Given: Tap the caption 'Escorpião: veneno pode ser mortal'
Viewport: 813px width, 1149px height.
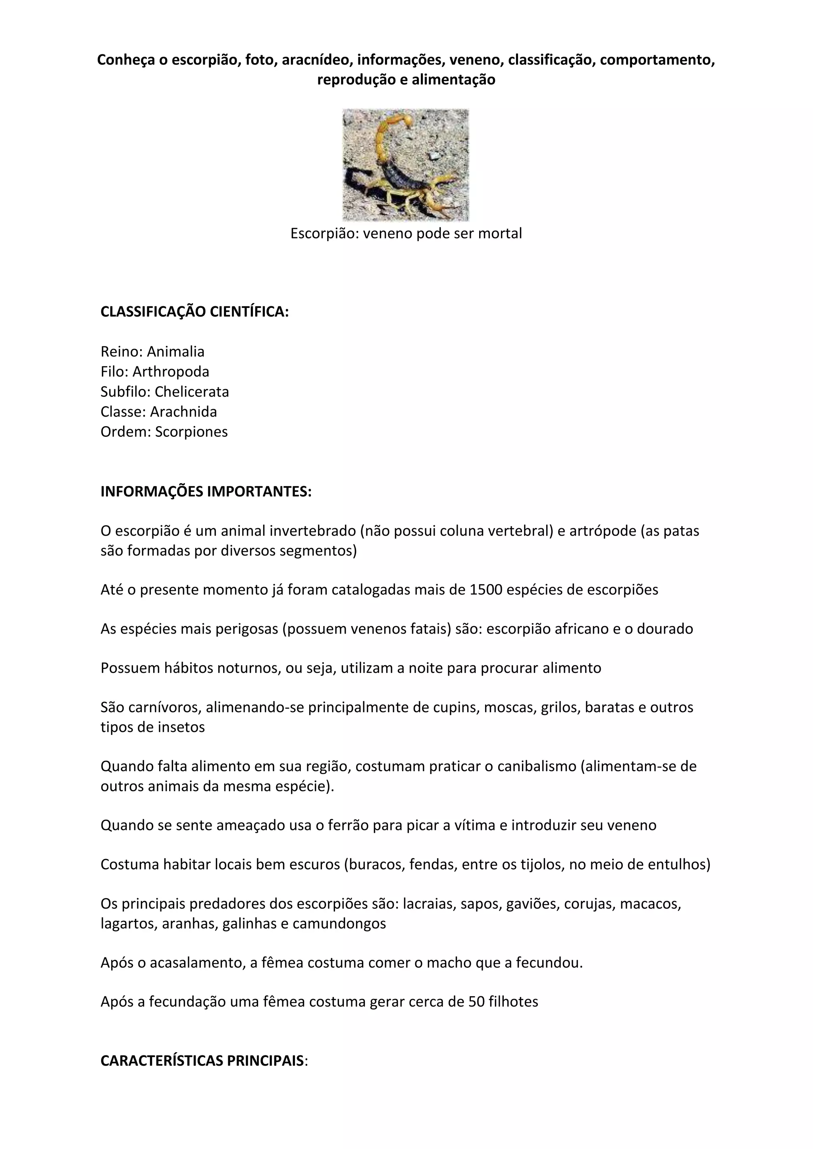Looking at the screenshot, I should [x=406, y=233].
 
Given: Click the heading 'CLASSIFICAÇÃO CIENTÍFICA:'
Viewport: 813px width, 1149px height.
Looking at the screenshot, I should [x=195, y=312].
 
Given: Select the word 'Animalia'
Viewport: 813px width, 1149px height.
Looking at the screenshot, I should [x=176, y=352].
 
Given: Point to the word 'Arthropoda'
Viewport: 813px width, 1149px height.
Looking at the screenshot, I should [x=171, y=372].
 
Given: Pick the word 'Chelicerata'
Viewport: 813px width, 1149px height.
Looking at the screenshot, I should [x=192, y=392].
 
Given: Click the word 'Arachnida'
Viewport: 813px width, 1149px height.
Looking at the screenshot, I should [x=183, y=412].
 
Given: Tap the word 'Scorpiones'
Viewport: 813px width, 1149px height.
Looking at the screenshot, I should [x=191, y=432].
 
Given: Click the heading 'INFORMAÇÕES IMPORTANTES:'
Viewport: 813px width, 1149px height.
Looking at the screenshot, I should [x=206, y=492].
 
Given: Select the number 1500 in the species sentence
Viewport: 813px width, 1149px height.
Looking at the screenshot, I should [x=486, y=590].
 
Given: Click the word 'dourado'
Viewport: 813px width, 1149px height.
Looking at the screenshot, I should [x=665, y=629].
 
